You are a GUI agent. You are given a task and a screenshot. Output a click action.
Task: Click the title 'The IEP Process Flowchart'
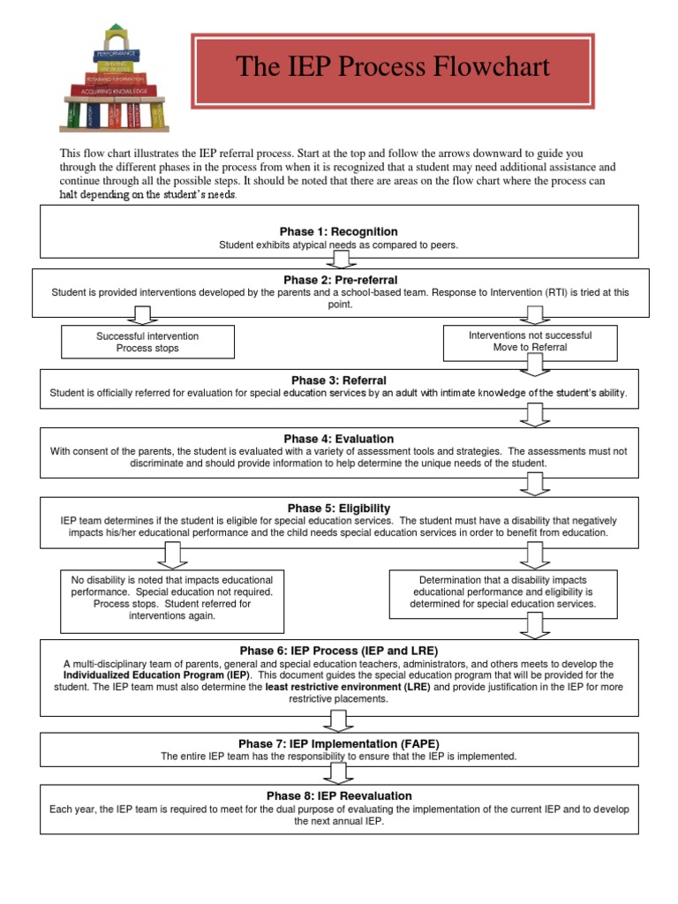(393, 67)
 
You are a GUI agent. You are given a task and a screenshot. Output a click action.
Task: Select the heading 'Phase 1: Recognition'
(339, 231)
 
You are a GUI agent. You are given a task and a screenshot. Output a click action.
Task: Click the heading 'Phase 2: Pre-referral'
(339, 279)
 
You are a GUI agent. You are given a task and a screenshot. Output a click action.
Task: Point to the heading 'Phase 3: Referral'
(339, 380)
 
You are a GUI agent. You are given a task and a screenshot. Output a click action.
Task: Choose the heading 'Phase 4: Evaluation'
(339, 439)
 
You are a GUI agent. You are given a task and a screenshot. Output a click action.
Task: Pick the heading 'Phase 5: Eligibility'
(339, 508)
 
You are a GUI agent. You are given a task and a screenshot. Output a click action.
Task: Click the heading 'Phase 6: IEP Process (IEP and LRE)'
(339, 651)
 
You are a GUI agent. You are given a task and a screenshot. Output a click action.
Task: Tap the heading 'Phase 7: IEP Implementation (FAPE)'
(339, 744)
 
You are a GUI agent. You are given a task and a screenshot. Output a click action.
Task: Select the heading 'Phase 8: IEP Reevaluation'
(339, 795)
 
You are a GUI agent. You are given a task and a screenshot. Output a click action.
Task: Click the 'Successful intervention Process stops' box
(147, 342)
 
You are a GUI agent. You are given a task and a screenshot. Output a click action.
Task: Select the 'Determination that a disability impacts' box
(503, 592)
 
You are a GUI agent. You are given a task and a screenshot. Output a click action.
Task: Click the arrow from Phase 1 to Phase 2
(340, 259)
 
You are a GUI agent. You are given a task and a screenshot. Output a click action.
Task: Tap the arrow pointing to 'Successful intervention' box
(142, 316)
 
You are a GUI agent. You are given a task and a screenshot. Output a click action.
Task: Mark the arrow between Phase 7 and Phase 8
(340, 773)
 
